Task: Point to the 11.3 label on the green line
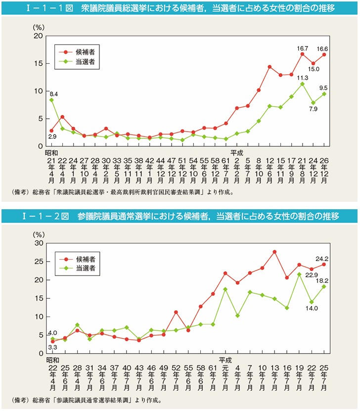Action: (303, 78)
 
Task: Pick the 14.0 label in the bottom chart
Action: (311, 310)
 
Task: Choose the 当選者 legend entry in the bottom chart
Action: (86, 269)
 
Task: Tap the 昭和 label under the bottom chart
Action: (52, 360)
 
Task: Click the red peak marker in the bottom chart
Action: (274, 252)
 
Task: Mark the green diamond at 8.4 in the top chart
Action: (51, 100)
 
